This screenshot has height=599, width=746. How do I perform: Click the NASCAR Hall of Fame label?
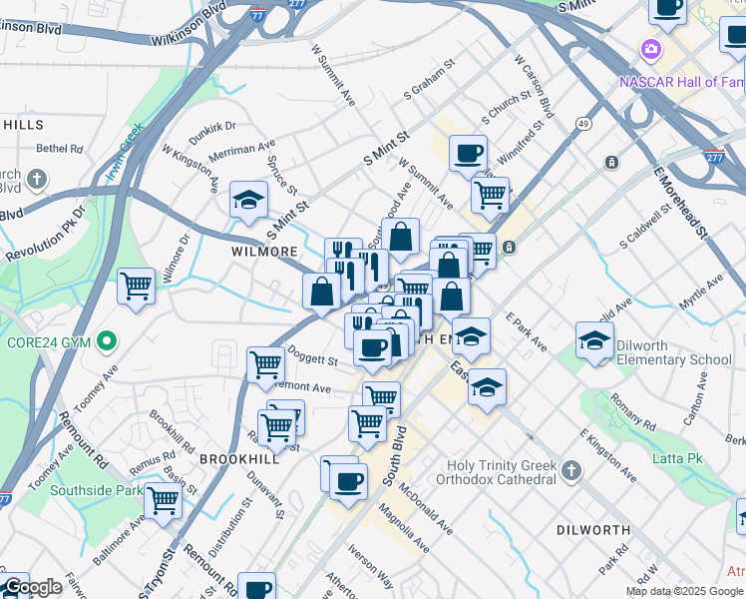(682, 82)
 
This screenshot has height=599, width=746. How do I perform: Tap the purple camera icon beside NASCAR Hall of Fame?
(650, 49)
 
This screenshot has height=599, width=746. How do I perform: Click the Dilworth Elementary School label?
(673, 352)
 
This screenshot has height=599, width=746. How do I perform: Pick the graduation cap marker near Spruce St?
(248, 200)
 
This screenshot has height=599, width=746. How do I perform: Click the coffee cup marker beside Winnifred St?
(468, 154)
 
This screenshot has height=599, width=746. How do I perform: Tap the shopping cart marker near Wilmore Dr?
(137, 287)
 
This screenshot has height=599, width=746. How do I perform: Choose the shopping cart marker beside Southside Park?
(163, 502)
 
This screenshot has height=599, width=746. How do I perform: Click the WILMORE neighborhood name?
(263, 252)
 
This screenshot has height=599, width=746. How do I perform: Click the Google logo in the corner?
(33, 587)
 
